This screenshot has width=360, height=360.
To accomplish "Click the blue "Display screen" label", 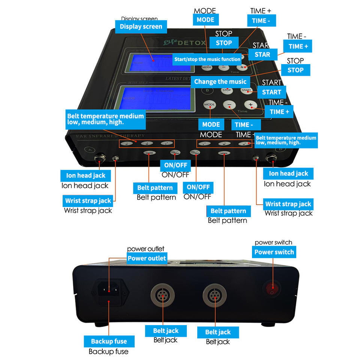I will (141, 27).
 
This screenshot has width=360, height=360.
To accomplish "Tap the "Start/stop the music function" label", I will (207, 59).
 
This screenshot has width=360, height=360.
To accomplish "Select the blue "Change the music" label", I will (220, 82).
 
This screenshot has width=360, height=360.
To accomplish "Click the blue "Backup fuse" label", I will (109, 341).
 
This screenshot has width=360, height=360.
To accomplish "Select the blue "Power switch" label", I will (274, 252).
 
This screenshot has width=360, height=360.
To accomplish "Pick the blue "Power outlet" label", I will (147, 258).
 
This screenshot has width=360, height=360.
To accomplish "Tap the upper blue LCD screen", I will (160, 63).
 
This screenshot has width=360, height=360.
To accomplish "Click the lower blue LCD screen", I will (156, 98).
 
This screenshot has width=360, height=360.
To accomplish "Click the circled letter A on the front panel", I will (89, 149).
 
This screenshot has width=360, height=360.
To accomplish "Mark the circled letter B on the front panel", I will (280, 149).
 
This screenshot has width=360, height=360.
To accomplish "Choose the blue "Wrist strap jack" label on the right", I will (288, 204).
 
